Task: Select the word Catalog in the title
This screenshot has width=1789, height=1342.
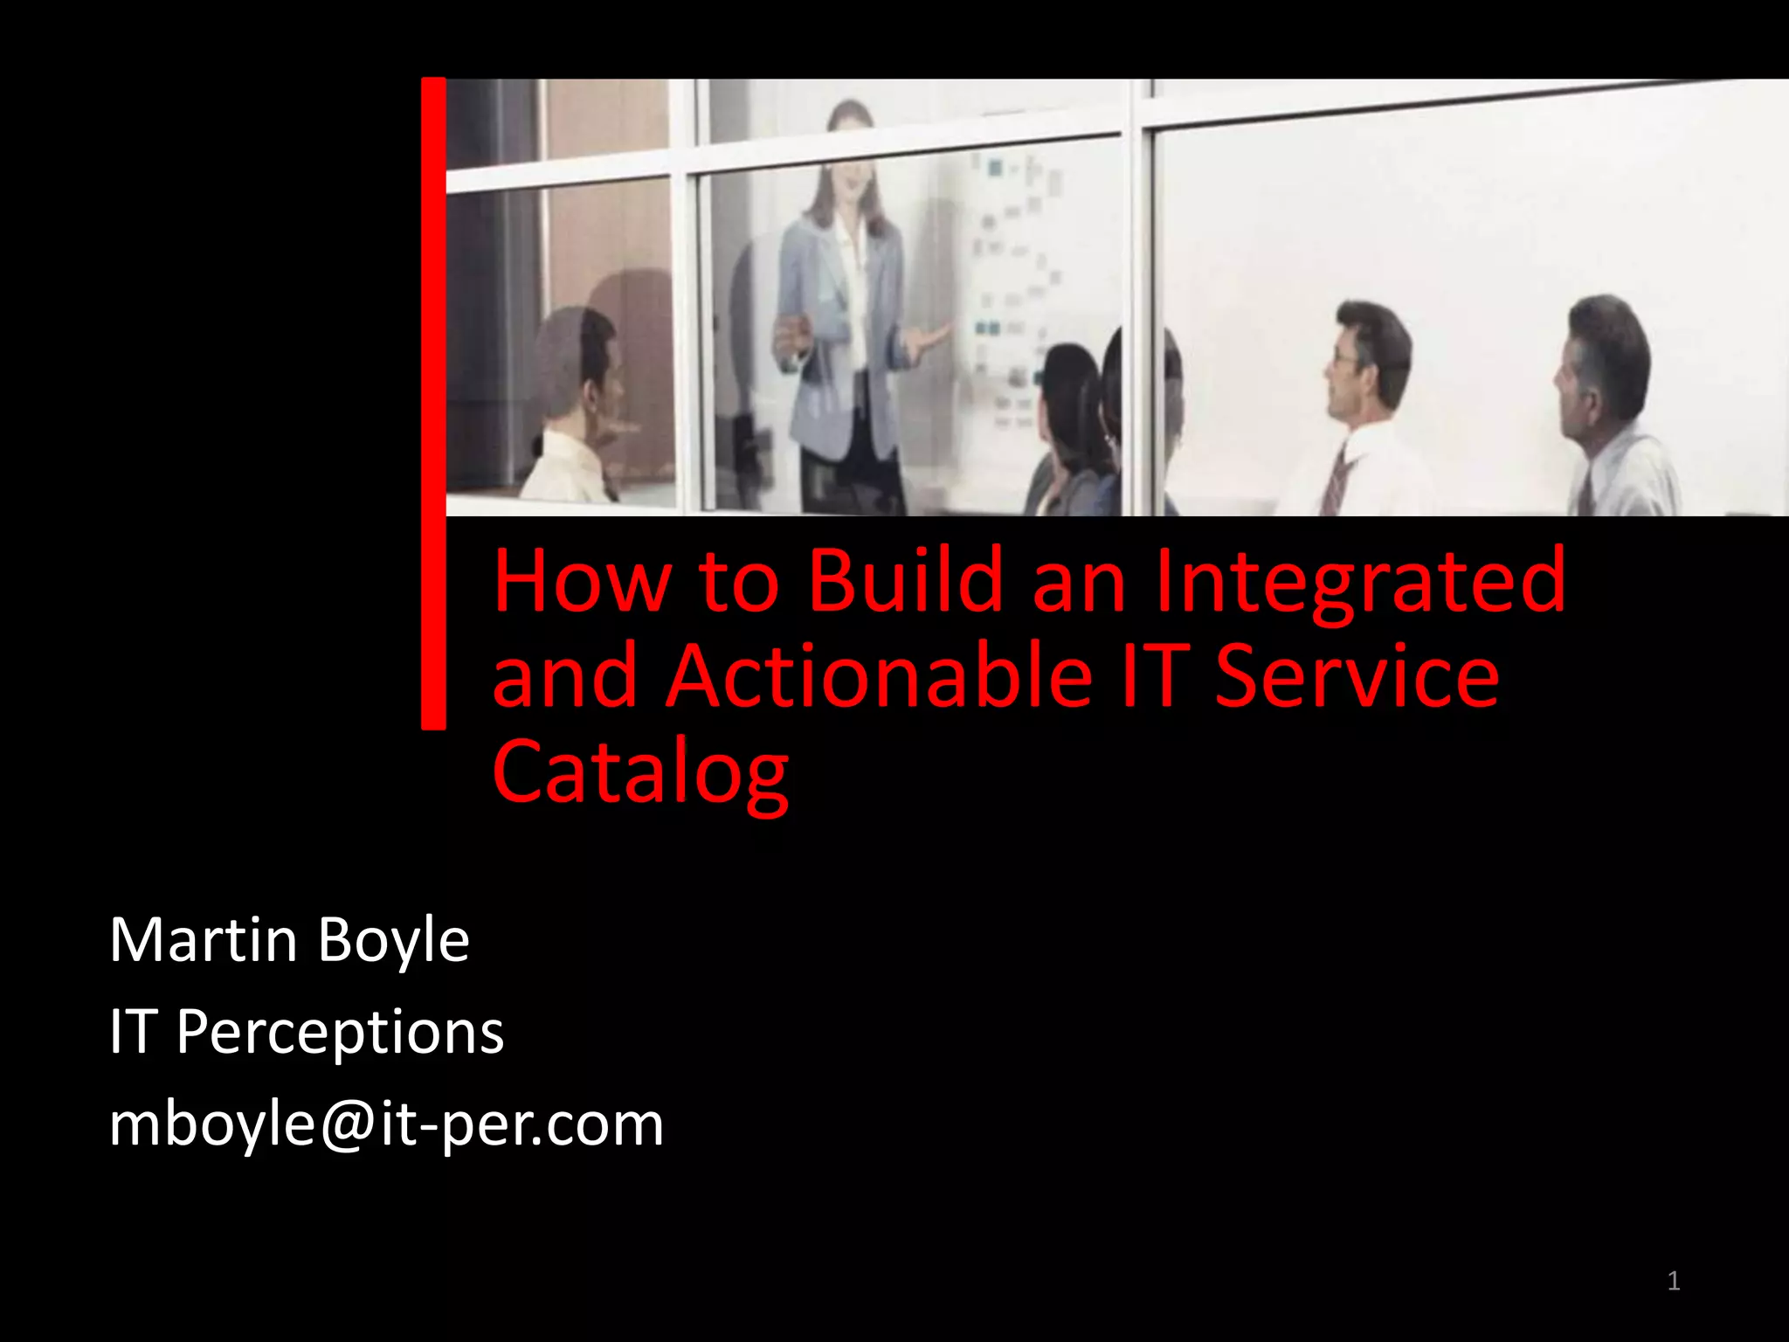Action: tap(640, 772)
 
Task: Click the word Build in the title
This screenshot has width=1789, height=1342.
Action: tap(906, 581)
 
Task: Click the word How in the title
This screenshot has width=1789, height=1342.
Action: tap(583, 581)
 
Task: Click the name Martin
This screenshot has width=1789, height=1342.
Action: tap(204, 940)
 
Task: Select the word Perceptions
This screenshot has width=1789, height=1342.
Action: tap(340, 1033)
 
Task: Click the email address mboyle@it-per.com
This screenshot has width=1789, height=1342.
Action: tap(386, 1124)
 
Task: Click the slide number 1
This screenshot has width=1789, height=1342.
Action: tap(1673, 1281)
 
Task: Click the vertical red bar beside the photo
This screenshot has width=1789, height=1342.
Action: tap(433, 402)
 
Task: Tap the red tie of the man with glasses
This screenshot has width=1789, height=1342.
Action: tap(1333, 481)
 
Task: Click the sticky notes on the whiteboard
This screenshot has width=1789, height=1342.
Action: tap(1013, 288)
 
